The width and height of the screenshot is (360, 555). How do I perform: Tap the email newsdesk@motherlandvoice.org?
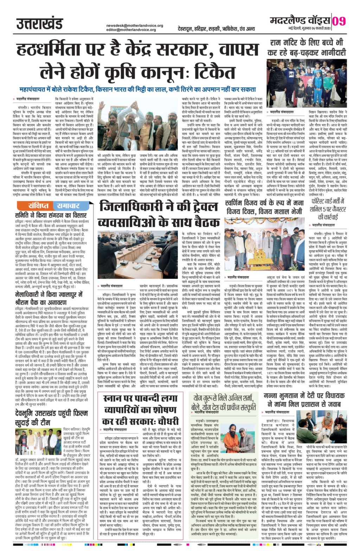pos(135,26)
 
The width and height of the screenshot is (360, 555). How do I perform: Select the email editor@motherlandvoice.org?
pos(132,30)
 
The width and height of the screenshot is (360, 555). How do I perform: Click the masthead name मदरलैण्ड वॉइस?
pos(300,20)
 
